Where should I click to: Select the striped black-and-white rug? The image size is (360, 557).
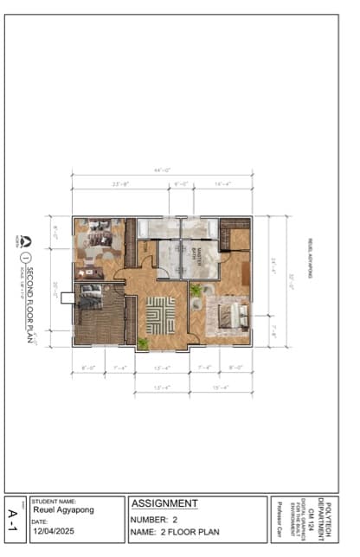tap(161, 315)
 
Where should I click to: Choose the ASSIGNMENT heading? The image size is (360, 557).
tap(164, 503)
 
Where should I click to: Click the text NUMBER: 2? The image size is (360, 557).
tap(155, 520)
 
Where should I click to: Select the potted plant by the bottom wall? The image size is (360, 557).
tap(142, 343)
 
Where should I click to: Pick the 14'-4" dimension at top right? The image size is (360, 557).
tap(222, 184)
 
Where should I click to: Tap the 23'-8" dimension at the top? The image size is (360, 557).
tap(120, 184)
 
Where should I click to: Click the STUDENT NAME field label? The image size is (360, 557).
tap(54, 501)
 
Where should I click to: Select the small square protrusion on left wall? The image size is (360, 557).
tap(67, 298)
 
